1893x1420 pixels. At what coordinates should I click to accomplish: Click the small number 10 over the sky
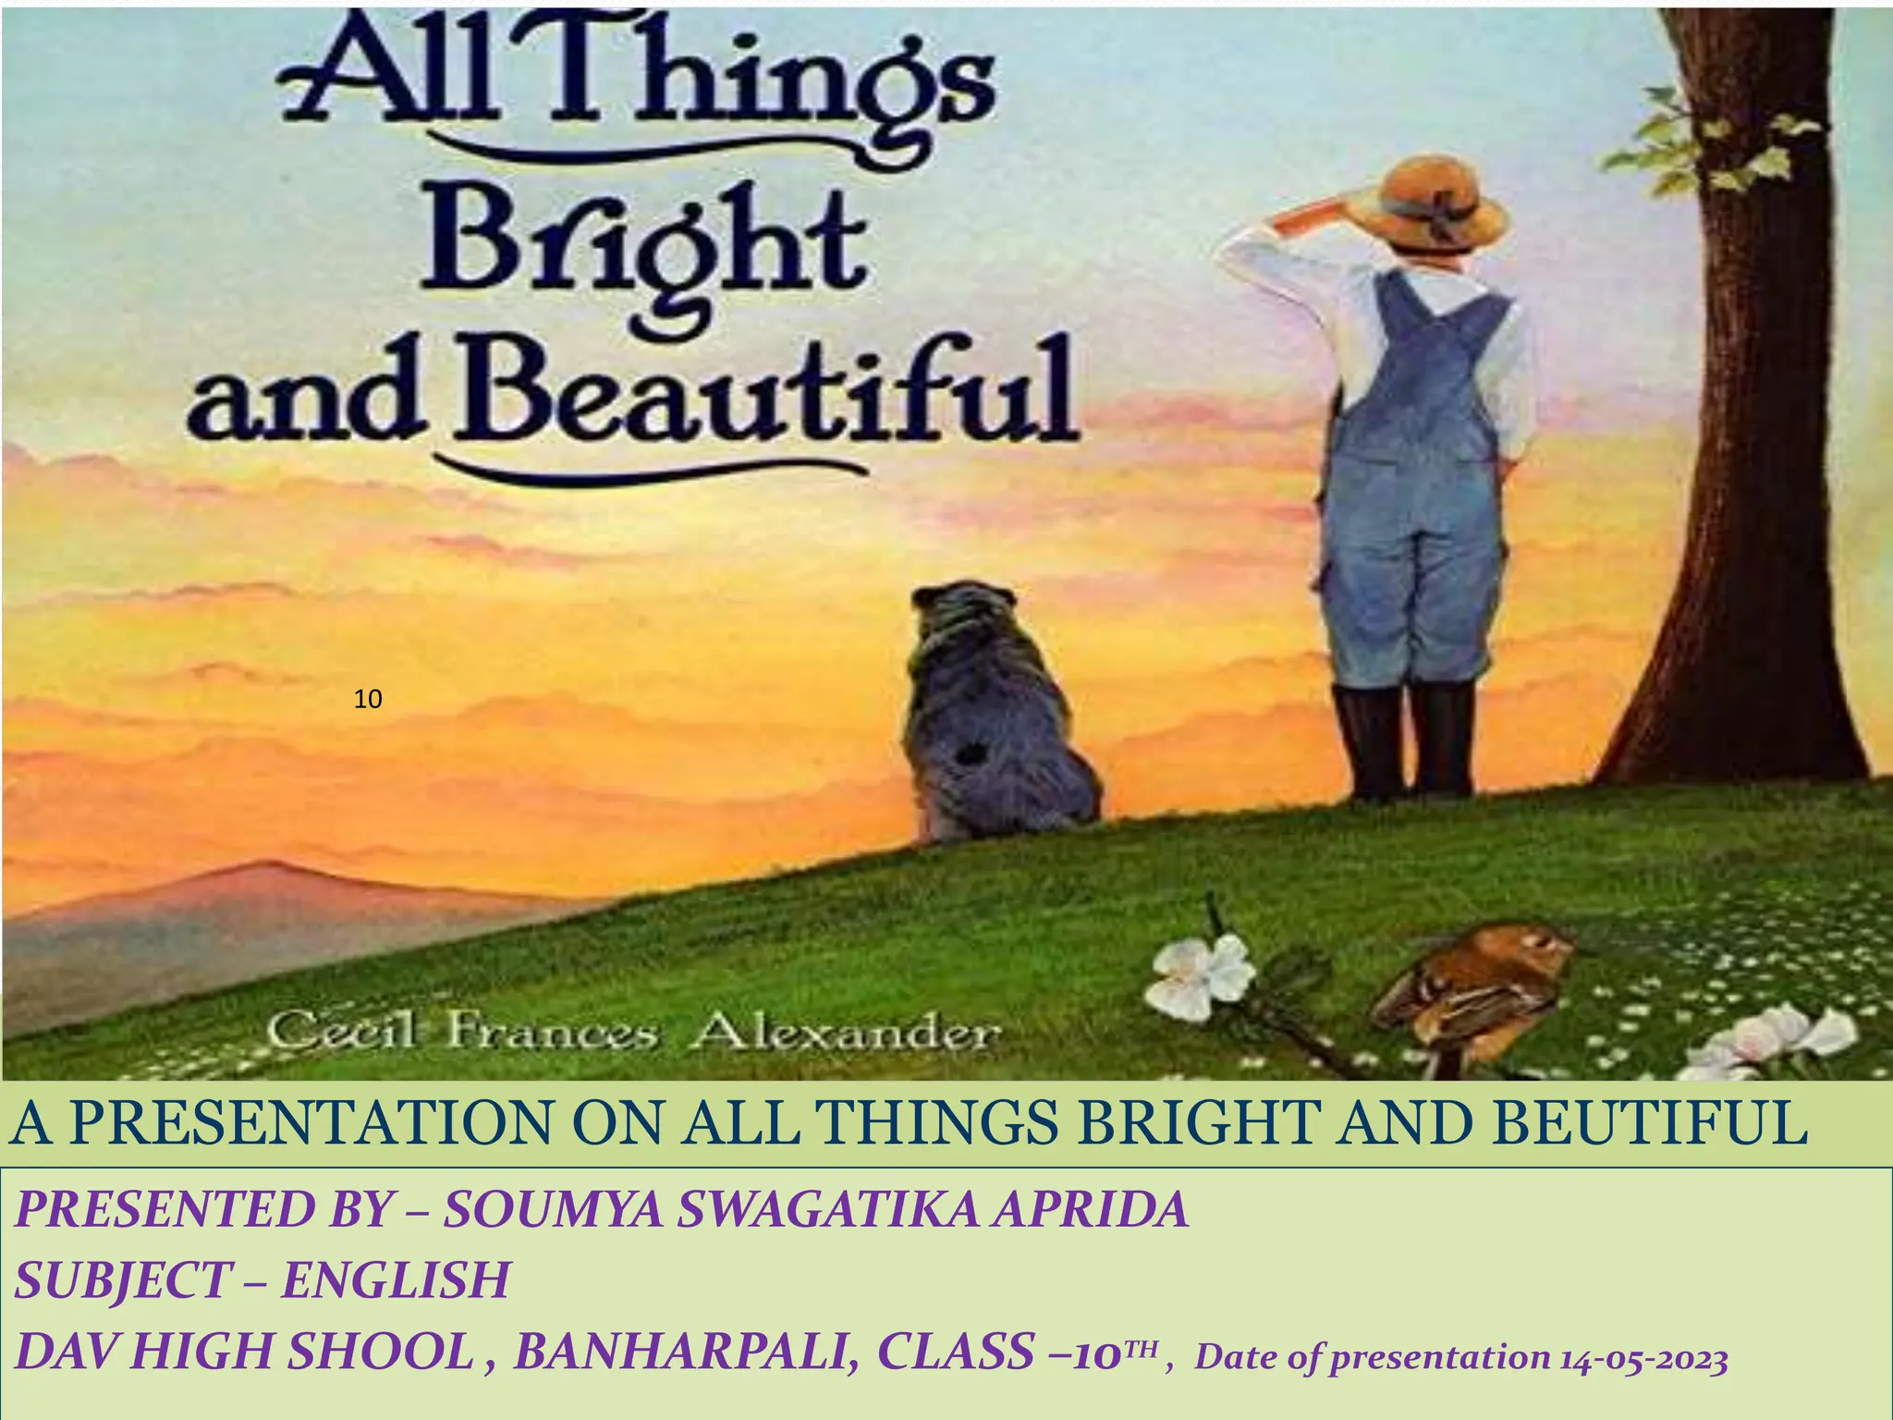coord(368,700)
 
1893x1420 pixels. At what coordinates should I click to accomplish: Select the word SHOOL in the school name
coord(380,1352)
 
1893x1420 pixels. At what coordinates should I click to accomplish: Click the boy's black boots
coord(1405,740)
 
